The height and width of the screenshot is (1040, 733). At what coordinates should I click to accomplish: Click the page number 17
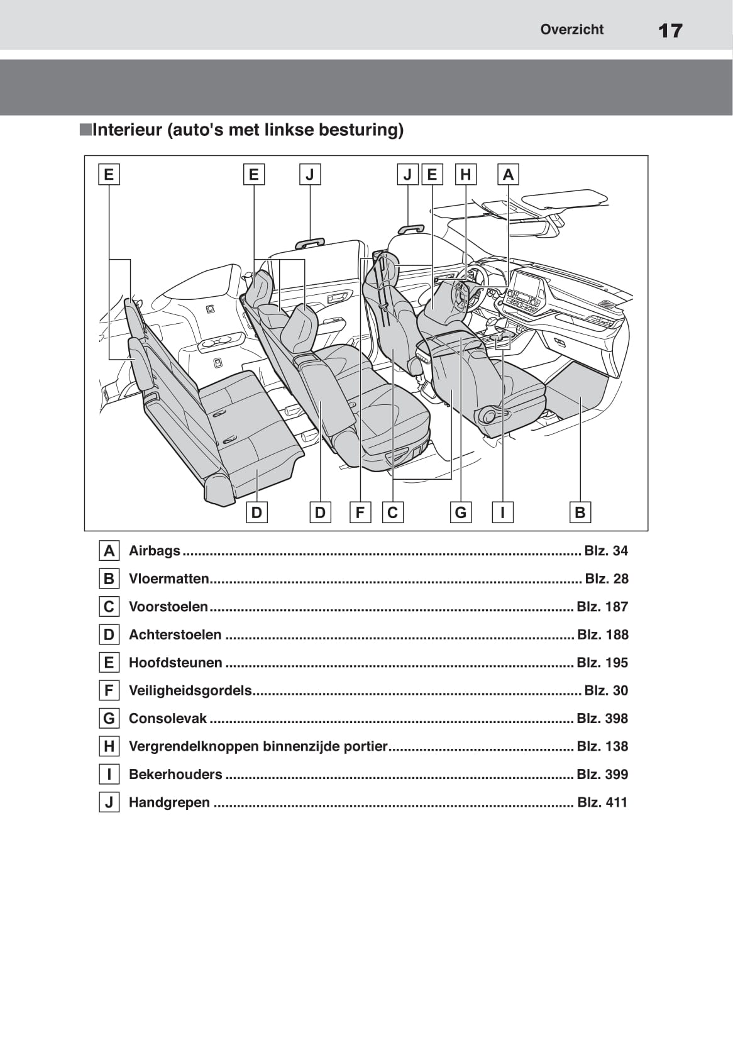pyautogui.click(x=670, y=30)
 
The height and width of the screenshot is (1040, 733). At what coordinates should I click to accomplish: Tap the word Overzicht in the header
pyautogui.click(x=571, y=30)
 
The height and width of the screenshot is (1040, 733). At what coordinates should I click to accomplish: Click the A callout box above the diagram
pyautogui.click(x=508, y=174)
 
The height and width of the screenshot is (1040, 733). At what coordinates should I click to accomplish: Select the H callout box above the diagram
pyautogui.click(x=465, y=174)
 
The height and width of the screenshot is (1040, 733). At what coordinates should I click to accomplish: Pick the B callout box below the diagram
pyautogui.click(x=580, y=512)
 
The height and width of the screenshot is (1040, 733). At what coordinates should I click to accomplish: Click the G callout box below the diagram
pyautogui.click(x=461, y=512)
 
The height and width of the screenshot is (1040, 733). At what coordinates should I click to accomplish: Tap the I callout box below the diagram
pyautogui.click(x=502, y=512)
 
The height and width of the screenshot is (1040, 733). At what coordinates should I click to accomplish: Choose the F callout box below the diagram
pyautogui.click(x=360, y=512)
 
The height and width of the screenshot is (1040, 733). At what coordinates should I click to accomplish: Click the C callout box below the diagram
pyautogui.click(x=393, y=512)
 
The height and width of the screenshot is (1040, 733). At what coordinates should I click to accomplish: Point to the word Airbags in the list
pyautogui.click(x=154, y=551)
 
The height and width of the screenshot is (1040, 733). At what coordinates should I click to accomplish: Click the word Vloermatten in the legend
pyautogui.click(x=168, y=578)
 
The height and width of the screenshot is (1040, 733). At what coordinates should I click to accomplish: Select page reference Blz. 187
pyautogui.click(x=602, y=607)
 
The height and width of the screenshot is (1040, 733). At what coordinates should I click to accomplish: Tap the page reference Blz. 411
pyautogui.click(x=602, y=802)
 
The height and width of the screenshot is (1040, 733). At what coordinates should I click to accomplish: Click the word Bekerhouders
pyautogui.click(x=175, y=775)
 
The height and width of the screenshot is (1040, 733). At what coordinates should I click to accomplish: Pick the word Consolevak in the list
pyautogui.click(x=167, y=719)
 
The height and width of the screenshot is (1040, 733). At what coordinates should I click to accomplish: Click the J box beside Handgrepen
pyautogui.click(x=109, y=802)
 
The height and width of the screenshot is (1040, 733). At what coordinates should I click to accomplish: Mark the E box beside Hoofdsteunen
pyautogui.click(x=109, y=663)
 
